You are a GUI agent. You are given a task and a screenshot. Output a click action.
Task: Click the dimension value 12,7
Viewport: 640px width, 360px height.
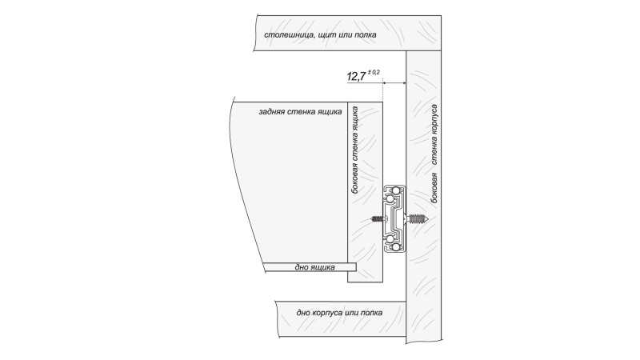pyautogui.click(x=356, y=76)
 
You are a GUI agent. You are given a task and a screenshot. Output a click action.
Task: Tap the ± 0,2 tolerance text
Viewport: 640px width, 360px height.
pyautogui.click(x=374, y=72)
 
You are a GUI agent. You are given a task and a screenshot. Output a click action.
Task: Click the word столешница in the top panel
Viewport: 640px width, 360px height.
pyautogui.click(x=289, y=35)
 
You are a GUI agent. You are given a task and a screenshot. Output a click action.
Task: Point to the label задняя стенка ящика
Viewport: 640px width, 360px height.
pyautogui.click(x=300, y=111)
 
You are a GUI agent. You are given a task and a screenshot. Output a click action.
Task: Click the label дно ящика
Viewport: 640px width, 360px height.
pyautogui.click(x=314, y=267)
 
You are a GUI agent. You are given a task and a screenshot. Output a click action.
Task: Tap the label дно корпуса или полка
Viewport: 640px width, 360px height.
pyautogui.click(x=339, y=313)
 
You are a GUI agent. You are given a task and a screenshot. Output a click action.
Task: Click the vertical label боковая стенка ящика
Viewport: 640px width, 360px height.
pyautogui.click(x=355, y=150)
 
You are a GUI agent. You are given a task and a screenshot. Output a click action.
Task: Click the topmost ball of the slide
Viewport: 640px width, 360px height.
pyautogui.click(x=395, y=190)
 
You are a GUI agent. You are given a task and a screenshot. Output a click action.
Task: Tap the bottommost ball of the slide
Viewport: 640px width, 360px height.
pyautogui.click(x=395, y=248)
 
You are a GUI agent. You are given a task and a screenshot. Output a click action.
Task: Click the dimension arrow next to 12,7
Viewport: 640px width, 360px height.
pyautogui.click(x=394, y=83)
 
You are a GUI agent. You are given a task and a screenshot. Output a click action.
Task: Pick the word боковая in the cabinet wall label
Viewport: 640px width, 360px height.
pyautogui.click(x=434, y=187)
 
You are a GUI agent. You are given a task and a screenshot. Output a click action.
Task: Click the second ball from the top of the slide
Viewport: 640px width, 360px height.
pyautogui.click(x=390, y=199)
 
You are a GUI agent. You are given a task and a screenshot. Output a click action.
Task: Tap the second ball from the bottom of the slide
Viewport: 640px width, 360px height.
pyautogui.click(x=390, y=239)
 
